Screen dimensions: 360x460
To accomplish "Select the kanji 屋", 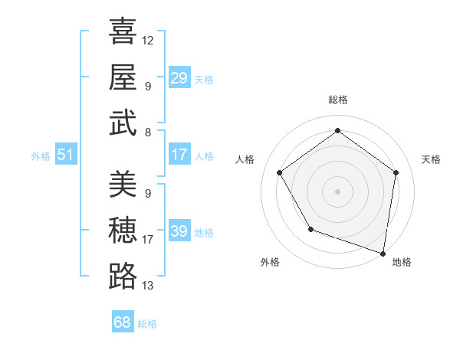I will [x=123, y=77].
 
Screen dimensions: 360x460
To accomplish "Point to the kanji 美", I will [x=123, y=184].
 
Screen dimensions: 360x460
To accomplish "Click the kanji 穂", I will [x=123, y=231].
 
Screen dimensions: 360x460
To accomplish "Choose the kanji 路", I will [x=123, y=277].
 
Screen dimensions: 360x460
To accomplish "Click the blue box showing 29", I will [x=179, y=78].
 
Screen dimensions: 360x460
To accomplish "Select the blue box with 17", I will [x=179, y=155].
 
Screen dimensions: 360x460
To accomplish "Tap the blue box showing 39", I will [x=179, y=231].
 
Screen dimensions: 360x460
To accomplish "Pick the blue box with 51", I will [x=65, y=155].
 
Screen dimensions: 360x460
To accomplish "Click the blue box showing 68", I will [x=122, y=322].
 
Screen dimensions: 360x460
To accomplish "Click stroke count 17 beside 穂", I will [x=148, y=240].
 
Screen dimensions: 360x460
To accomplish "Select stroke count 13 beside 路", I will [x=148, y=286].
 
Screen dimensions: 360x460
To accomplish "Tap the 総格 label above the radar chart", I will [x=337, y=100].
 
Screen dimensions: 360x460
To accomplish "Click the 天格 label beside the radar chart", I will [x=431, y=159].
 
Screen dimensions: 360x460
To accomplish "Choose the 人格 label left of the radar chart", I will [x=245, y=159].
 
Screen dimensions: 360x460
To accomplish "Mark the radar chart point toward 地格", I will [x=383, y=253].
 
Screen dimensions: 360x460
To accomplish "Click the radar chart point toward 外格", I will [x=310, y=229].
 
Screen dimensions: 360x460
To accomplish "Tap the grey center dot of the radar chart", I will [x=337, y=191].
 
